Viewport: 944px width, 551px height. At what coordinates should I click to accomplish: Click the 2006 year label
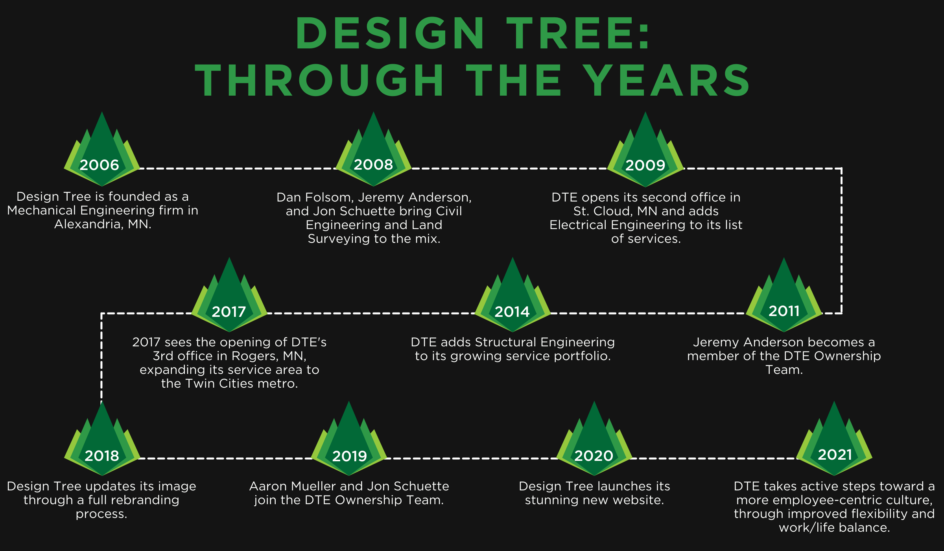tap(99, 165)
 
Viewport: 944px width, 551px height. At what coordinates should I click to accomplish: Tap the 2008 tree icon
tap(373, 150)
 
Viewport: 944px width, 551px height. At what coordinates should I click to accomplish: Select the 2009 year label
tap(645, 165)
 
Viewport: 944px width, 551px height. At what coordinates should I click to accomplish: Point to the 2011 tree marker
tap(784, 295)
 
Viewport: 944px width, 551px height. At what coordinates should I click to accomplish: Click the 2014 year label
tap(512, 312)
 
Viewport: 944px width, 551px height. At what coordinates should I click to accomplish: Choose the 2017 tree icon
tap(229, 295)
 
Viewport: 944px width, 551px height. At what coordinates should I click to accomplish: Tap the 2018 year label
tap(102, 456)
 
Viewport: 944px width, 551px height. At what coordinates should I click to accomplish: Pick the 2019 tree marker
tap(349, 438)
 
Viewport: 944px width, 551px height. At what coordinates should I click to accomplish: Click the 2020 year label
tap(594, 456)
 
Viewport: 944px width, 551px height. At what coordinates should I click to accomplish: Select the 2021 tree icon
tap(834, 438)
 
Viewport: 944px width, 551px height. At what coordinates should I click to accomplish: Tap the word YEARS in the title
tap(667, 80)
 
